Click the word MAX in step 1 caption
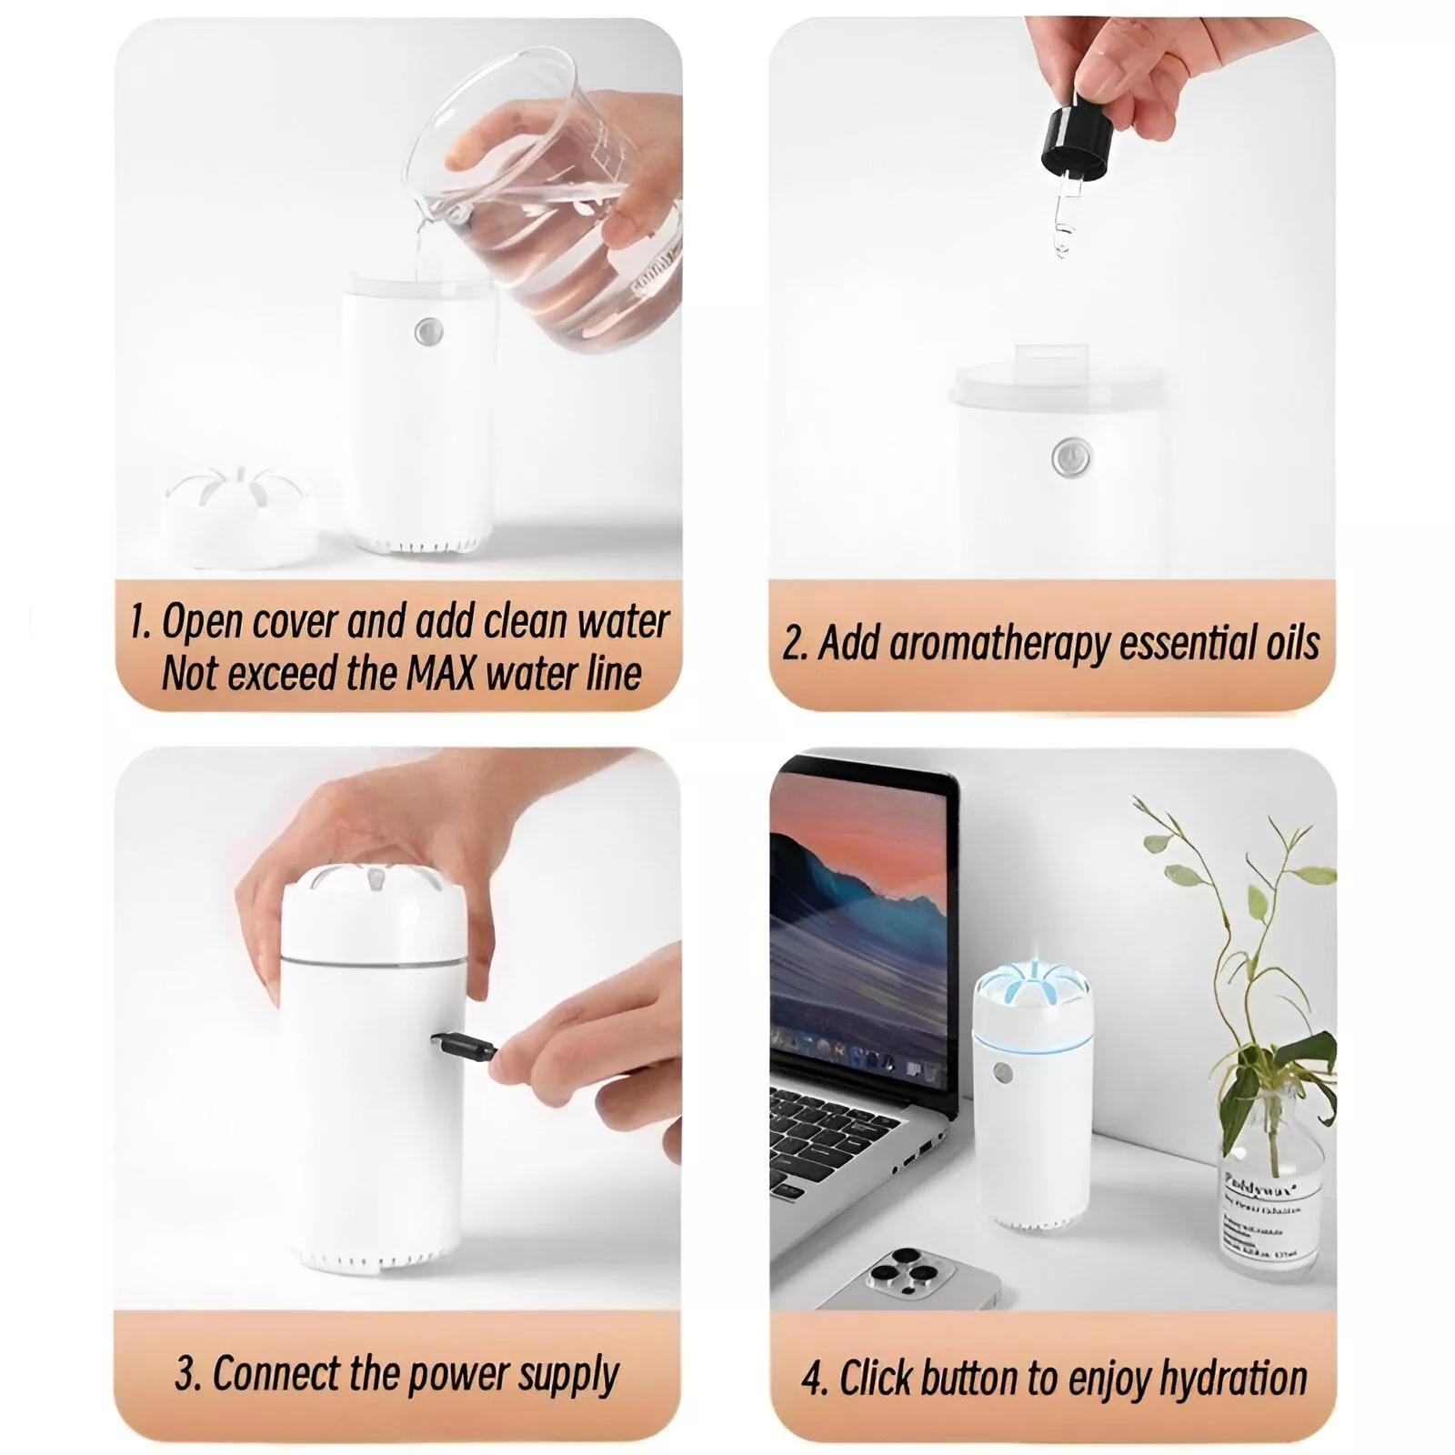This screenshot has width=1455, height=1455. point(440,675)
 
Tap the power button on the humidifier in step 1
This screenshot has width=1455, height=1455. point(425,332)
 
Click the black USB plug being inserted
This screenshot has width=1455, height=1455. point(466,1048)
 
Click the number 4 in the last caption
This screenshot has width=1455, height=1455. point(813,1379)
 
